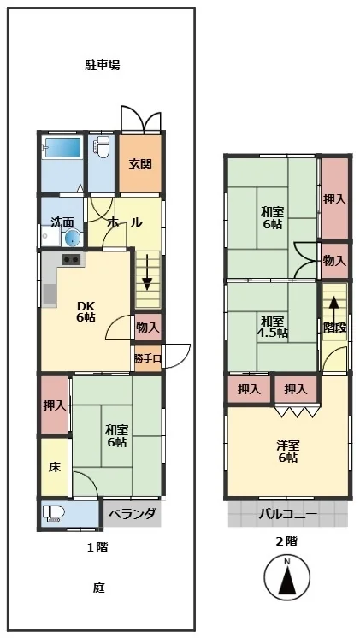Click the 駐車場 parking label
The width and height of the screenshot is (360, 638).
click(102, 65)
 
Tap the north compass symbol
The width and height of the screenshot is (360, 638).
click(287, 577)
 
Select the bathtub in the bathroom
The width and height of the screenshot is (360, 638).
click(62, 147)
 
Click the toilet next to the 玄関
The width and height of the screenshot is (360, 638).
click(102, 146)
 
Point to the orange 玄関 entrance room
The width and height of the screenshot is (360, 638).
click(140, 164)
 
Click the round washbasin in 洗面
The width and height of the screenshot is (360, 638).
click(73, 238)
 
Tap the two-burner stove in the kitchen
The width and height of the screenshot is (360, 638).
click(71, 259)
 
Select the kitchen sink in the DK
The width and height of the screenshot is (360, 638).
click(50, 294)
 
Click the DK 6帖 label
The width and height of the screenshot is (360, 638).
click(86, 311)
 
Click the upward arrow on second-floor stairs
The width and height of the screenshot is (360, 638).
click(333, 310)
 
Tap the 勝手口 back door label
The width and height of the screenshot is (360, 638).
click(148, 358)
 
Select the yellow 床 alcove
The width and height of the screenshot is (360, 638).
click(55, 467)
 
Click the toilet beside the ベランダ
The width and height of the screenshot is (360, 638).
click(54, 512)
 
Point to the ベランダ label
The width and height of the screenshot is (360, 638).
click(133, 513)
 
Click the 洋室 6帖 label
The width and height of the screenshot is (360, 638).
click(287, 452)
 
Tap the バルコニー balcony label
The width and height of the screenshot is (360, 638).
click(288, 514)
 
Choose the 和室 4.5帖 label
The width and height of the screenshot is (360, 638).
click(273, 327)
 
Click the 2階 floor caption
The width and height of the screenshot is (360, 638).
click(286, 541)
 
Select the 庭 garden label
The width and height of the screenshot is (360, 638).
click(99, 588)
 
